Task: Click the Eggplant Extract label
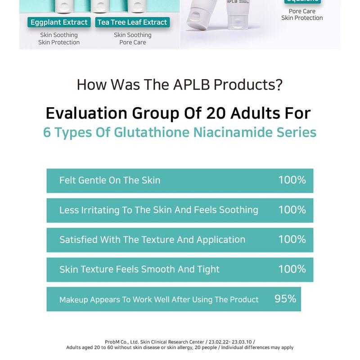(x=59, y=22)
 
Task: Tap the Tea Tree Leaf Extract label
(x=132, y=22)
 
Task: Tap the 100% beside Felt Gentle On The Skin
(x=292, y=180)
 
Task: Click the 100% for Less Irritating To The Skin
(x=292, y=210)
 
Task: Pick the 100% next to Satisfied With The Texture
(x=292, y=239)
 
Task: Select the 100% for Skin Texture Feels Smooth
(x=292, y=269)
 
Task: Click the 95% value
(x=285, y=299)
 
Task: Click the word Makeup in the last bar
(x=74, y=300)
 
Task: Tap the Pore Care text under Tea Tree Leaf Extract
(x=132, y=42)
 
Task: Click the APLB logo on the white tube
(x=232, y=1)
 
